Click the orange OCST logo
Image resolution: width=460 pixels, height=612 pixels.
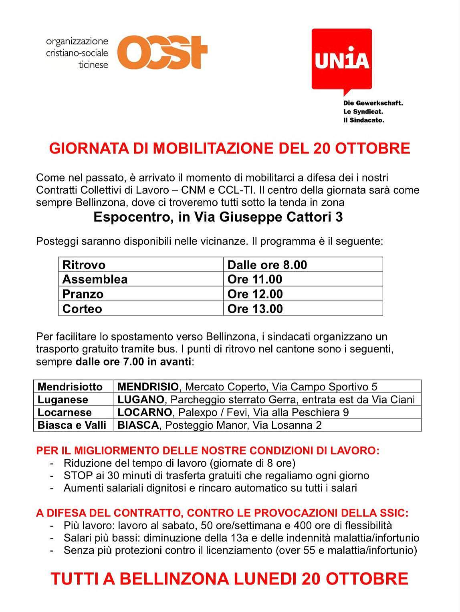click(x=162, y=53)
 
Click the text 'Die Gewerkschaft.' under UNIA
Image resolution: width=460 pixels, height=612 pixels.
click(x=373, y=103)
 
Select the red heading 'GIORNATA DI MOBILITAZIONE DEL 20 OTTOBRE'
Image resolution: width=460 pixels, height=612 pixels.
click(x=229, y=148)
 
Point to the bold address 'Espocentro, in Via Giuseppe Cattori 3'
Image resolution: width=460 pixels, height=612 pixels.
click(x=218, y=217)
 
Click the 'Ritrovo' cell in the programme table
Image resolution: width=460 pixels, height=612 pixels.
click(x=84, y=265)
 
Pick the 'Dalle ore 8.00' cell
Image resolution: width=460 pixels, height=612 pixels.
click(x=267, y=265)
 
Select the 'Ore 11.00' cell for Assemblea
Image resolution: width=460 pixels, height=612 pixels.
click(x=255, y=279)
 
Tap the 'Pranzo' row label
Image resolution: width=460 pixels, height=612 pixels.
click(x=83, y=294)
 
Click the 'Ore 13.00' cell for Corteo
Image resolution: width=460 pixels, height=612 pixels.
click(x=255, y=309)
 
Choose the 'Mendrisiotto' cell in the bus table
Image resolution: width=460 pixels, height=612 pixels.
click(x=70, y=387)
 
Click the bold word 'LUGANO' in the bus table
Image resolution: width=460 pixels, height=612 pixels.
click(x=141, y=400)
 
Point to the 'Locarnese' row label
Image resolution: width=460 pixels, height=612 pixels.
click(x=65, y=412)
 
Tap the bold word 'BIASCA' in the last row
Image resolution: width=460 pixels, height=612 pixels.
click(x=138, y=425)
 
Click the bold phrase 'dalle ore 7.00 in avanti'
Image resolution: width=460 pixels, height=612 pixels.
click(x=133, y=362)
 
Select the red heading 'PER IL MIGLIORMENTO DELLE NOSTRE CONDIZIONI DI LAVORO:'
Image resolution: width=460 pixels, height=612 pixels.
click(x=208, y=451)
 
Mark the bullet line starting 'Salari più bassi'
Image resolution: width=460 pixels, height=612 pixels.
click(x=241, y=538)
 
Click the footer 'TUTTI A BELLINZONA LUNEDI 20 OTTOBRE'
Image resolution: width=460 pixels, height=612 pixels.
click(x=229, y=579)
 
